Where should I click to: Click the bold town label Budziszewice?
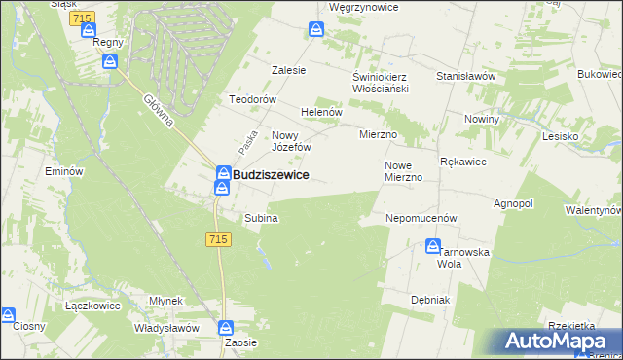(272, 174)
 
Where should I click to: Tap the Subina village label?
(261, 219)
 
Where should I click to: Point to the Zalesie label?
(288, 70)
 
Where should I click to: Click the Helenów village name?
(322, 112)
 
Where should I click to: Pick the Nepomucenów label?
(421, 219)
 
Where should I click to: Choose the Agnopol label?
(514, 204)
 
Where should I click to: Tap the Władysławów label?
(167, 328)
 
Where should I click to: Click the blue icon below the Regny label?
(110, 62)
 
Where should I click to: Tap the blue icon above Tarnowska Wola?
(433, 247)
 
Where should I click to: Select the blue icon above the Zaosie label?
(227, 328)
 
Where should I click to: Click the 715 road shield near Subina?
(218, 239)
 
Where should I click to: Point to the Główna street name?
(158, 112)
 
